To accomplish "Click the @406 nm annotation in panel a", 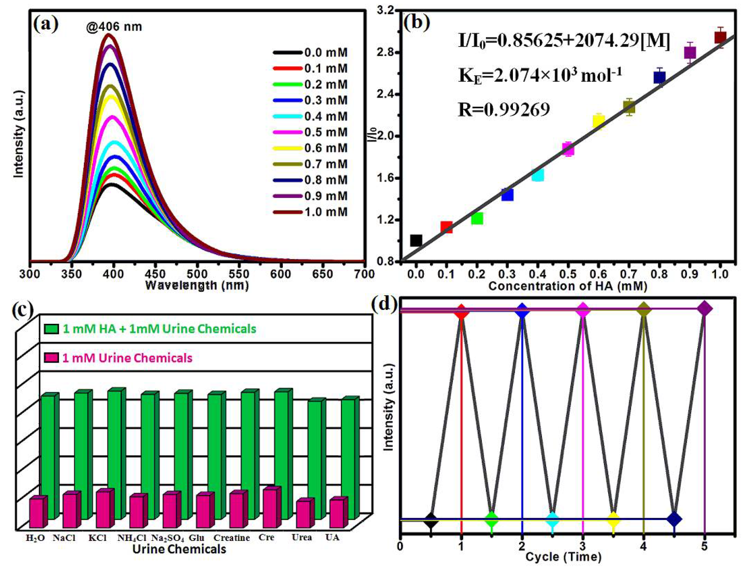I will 114,27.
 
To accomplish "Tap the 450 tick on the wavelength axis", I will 155,274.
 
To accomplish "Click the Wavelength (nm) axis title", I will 197,285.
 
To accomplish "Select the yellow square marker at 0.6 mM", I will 599,122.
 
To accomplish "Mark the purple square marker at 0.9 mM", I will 690,53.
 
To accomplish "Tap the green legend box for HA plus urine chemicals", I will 51,329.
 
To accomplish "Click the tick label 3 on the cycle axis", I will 583,547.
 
